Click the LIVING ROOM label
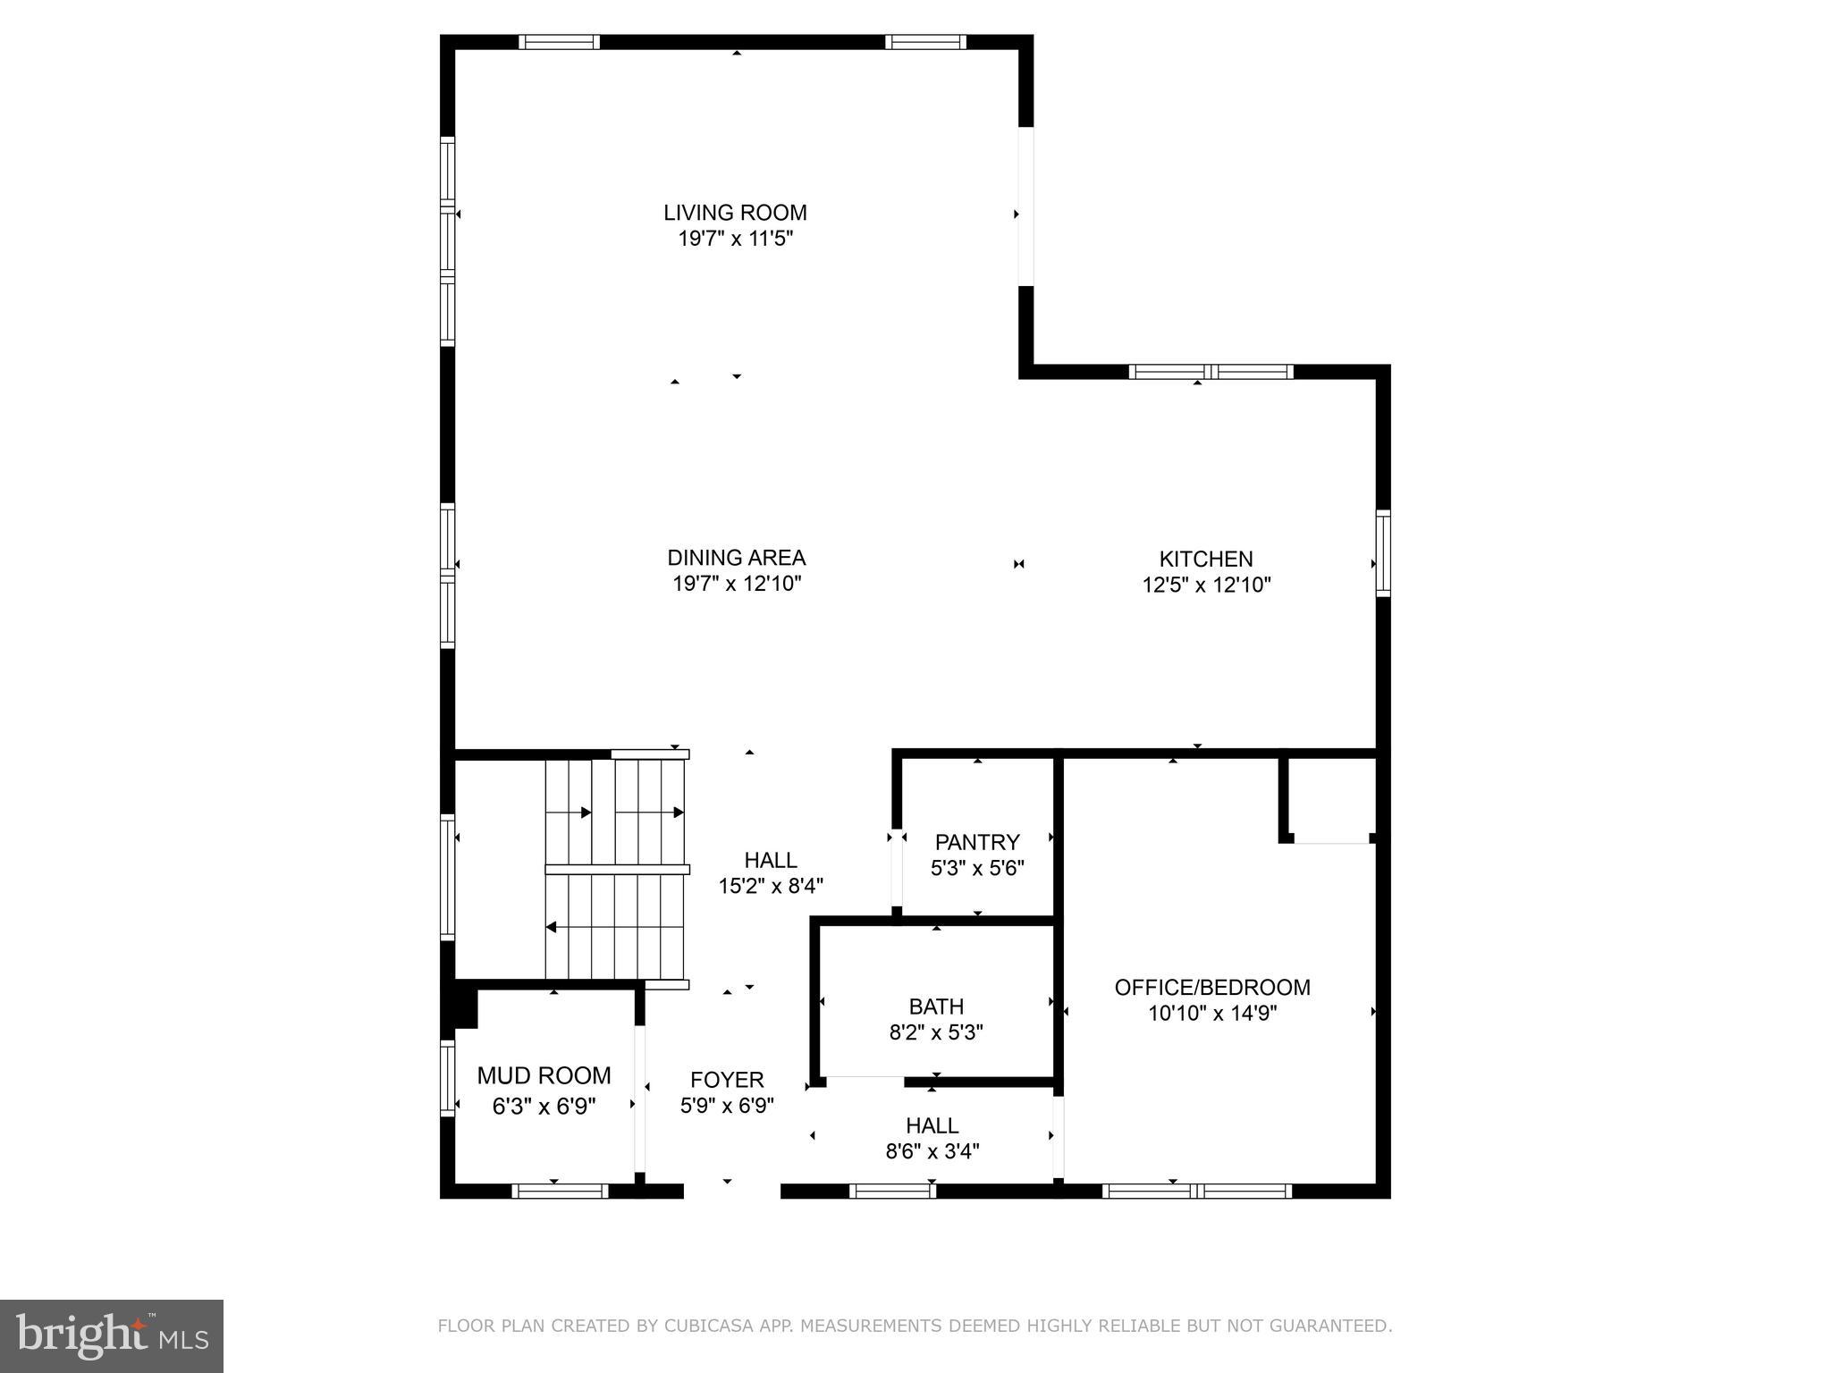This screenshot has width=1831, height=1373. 735,213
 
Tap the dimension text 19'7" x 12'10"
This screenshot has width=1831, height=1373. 736,584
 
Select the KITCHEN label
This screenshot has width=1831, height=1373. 1205,559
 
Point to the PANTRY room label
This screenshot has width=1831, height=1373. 976,842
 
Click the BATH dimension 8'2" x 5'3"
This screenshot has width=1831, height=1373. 936,1032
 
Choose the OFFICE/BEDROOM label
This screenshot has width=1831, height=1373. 1211,987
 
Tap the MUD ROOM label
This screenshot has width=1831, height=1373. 544,1075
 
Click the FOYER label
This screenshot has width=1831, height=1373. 726,1080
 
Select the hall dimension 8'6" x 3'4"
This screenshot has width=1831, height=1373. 932,1151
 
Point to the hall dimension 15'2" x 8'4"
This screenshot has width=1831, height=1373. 771,886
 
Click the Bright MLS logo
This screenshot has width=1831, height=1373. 111,1335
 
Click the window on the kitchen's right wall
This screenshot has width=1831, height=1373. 1383,553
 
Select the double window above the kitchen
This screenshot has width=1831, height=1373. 1211,372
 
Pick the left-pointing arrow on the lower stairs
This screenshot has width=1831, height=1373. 552,927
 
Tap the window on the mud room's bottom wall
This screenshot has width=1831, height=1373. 560,1191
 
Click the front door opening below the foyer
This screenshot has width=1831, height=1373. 731,1191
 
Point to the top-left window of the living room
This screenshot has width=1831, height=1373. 559,42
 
